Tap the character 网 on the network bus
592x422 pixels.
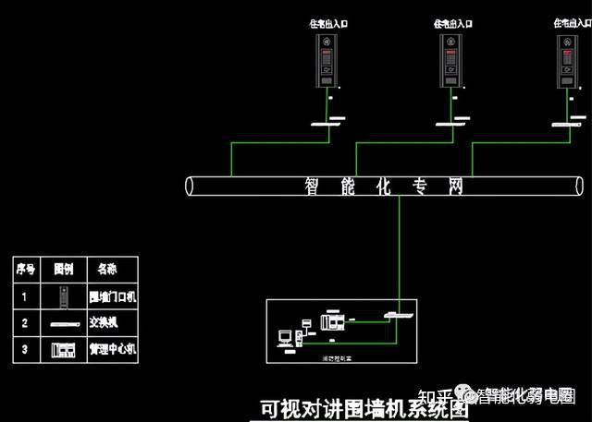pyautogui.click(x=453, y=186)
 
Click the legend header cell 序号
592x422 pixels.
pyautogui.click(x=26, y=270)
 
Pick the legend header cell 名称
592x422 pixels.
pyautogui.click(x=106, y=270)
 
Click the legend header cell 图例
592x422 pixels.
pyautogui.click(x=64, y=270)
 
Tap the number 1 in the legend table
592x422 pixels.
pyautogui.click(x=26, y=296)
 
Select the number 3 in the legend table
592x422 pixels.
pyautogui.click(x=26, y=350)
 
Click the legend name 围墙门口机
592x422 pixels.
pyautogui.click(x=112, y=296)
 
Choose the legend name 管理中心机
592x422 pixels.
pyautogui.click(x=112, y=350)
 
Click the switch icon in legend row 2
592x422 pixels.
pyautogui.click(x=64, y=324)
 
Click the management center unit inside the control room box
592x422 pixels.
pyautogui.click(x=331, y=322)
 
